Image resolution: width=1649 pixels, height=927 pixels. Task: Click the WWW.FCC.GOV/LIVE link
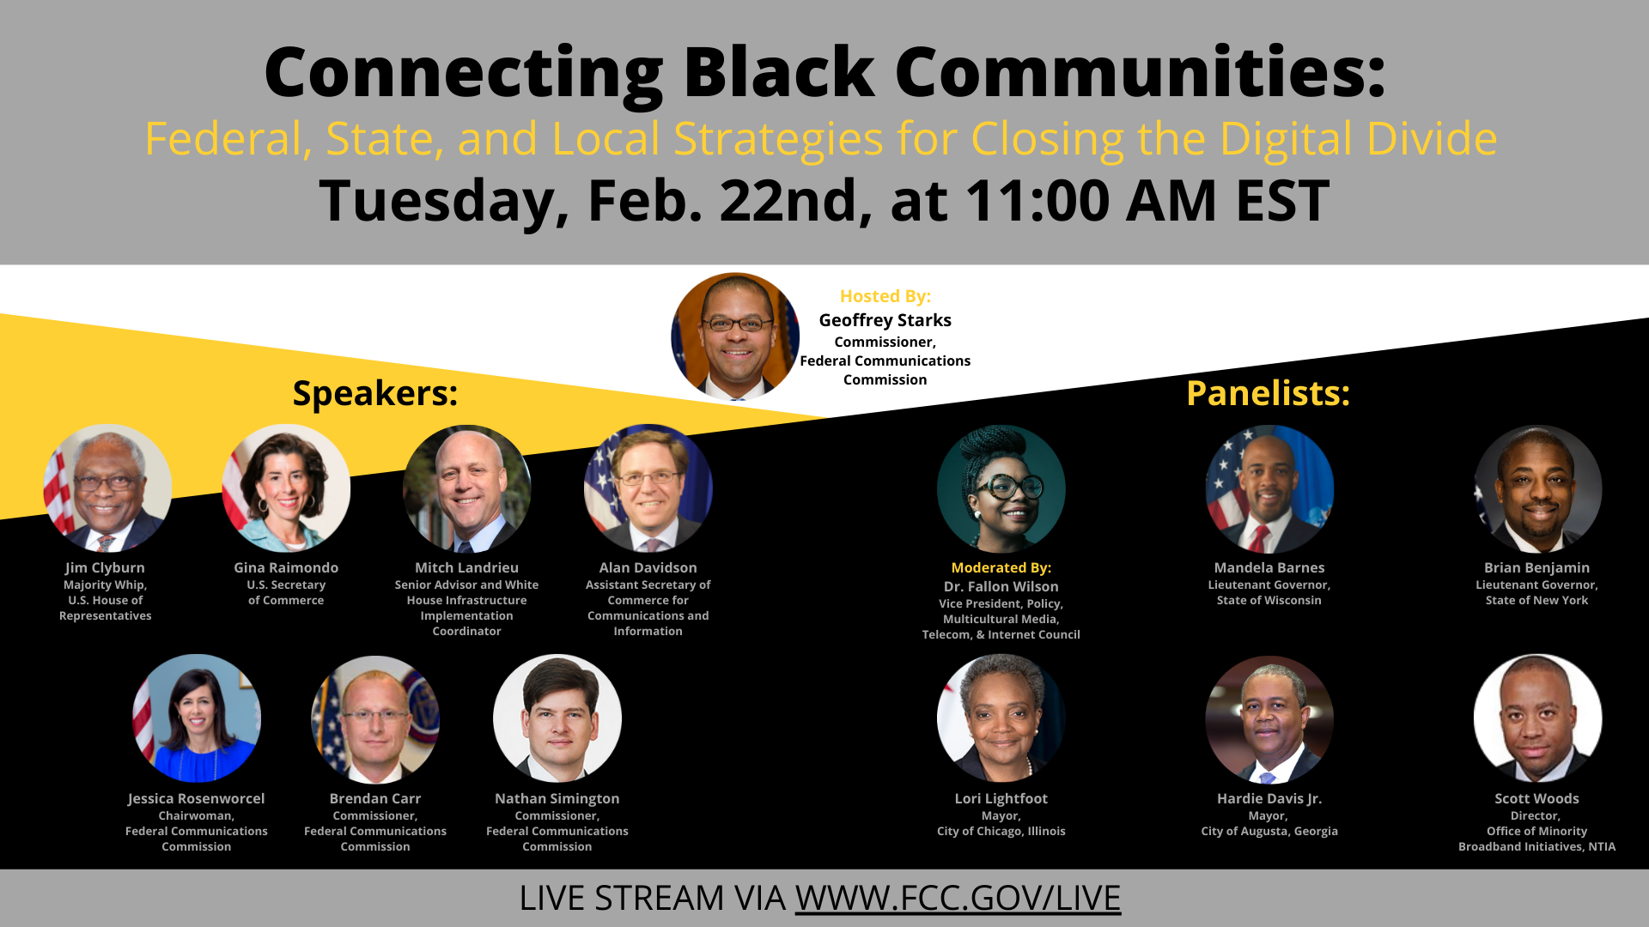tap(958, 898)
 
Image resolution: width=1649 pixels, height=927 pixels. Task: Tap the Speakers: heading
tap(375, 393)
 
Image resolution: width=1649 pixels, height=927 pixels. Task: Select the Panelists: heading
tap(1268, 393)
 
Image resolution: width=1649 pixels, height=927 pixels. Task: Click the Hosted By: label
tap(885, 296)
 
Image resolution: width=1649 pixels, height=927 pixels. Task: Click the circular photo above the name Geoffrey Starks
tap(735, 336)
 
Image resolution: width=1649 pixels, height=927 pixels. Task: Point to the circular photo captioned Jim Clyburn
tap(107, 488)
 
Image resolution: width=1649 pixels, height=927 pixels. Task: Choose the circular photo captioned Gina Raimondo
tap(286, 488)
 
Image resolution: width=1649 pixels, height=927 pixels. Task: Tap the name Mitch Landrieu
tap(466, 567)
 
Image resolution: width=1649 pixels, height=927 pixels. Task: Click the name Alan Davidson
tap(648, 567)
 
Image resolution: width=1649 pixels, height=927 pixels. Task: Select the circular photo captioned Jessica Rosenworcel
tap(197, 718)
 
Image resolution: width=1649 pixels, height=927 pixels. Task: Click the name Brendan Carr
tap(375, 798)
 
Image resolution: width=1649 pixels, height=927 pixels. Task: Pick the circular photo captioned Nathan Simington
tap(557, 718)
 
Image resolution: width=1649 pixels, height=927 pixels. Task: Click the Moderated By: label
tap(1001, 567)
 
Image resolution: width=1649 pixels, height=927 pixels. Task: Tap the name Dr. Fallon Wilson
tap(1001, 586)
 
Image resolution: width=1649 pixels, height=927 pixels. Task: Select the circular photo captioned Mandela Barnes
tap(1269, 488)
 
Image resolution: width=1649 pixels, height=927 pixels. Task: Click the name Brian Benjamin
tap(1536, 567)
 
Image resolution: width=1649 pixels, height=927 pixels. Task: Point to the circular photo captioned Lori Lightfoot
tap(1001, 718)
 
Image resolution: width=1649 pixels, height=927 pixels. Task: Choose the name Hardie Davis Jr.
tap(1269, 798)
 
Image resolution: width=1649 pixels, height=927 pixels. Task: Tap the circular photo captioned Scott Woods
tap(1537, 718)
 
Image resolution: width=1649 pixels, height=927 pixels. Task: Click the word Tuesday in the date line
tap(443, 201)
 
